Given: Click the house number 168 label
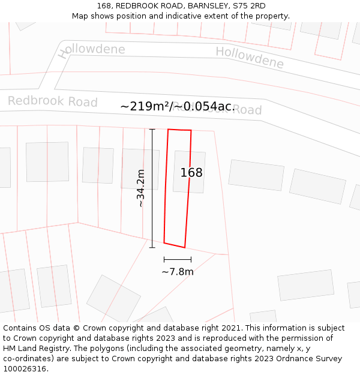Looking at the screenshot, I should [x=191, y=173].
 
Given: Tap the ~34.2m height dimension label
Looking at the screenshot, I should [x=141, y=188].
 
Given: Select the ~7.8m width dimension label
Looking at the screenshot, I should [x=178, y=272].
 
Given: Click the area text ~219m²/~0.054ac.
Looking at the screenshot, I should [x=178, y=106].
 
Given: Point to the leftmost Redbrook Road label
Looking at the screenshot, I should [x=52, y=101].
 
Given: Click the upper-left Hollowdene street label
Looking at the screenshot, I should [x=92, y=50].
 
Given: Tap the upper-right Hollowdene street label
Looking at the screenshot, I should [x=250, y=57].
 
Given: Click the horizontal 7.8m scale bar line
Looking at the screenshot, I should [x=178, y=260].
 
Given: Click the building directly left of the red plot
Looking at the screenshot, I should [x=139, y=169].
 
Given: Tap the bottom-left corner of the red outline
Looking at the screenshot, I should [x=164, y=243].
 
